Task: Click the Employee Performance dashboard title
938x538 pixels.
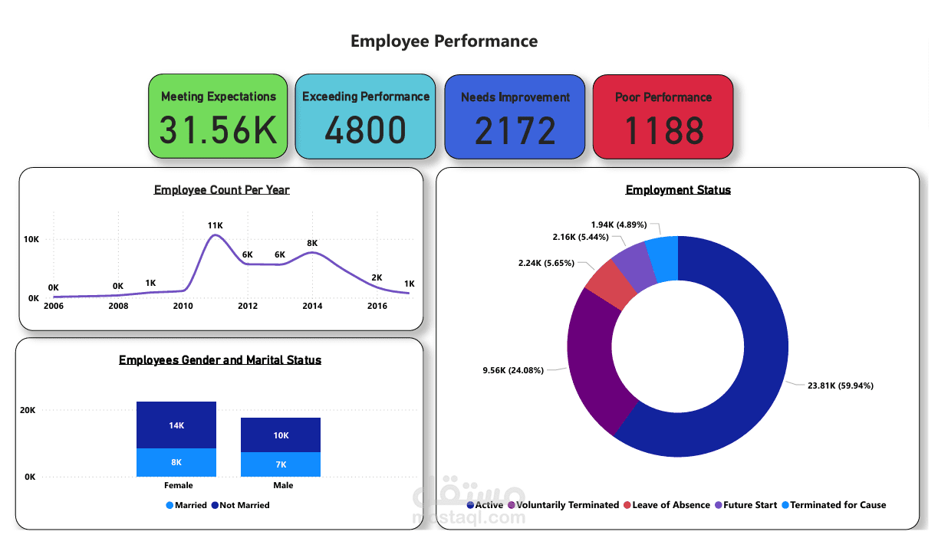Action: coord(444,41)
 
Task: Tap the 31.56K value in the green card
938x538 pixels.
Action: coord(218,130)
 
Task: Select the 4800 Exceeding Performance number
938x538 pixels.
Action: coord(365,130)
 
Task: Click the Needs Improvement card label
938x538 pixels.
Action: coord(515,97)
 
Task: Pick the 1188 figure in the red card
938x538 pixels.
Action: coord(663,130)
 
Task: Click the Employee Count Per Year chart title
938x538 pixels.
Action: coord(222,190)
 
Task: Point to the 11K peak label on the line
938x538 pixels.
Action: coord(215,225)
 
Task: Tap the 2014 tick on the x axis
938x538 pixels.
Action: coord(312,306)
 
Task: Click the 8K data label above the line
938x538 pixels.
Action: coord(312,243)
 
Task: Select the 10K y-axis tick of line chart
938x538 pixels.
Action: coord(31,239)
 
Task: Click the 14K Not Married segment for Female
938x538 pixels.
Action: coord(176,425)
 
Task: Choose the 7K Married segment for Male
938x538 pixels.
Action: coord(281,464)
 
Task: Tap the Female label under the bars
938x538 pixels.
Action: coord(178,485)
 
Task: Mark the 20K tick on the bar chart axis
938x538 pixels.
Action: coord(28,411)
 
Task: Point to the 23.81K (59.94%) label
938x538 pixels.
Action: coord(841,385)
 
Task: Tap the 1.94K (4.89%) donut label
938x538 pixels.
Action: coord(618,225)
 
